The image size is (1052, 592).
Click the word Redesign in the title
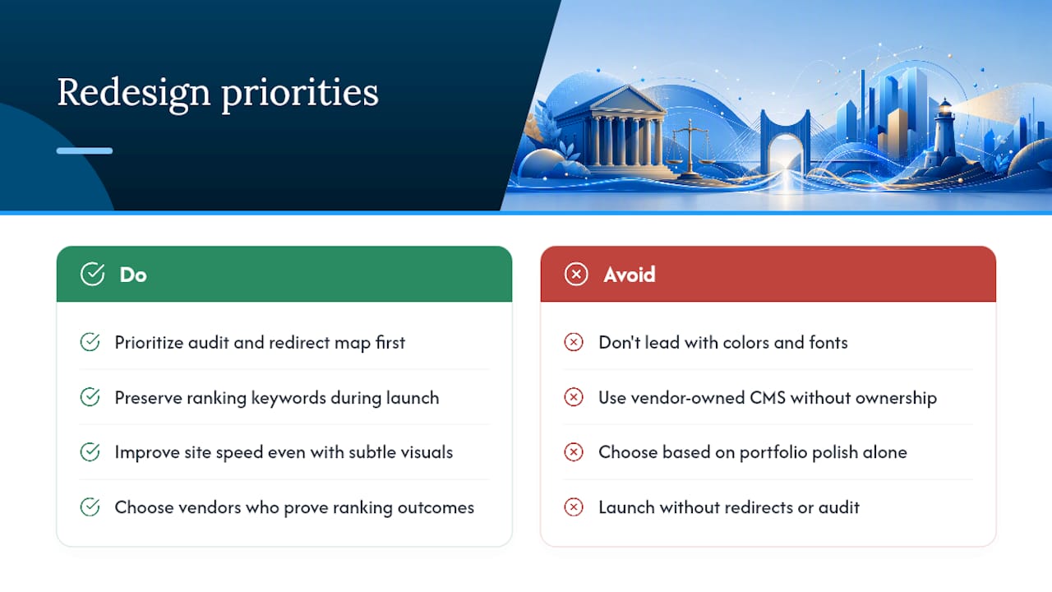[x=134, y=94]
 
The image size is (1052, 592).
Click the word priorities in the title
[x=300, y=94]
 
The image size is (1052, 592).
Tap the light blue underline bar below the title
[x=85, y=150]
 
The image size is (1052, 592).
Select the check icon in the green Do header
[x=92, y=274]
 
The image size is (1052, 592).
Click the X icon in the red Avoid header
[x=576, y=274]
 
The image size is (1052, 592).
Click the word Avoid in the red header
[x=630, y=275]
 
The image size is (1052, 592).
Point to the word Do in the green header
[x=133, y=275]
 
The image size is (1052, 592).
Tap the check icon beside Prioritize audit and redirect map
[x=90, y=342]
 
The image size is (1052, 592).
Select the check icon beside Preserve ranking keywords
[x=90, y=397]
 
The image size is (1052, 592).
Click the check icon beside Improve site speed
[x=90, y=452]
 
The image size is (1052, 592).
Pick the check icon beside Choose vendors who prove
[x=90, y=507]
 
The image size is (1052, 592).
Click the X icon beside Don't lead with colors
[x=574, y=342]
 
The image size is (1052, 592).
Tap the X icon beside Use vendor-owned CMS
[x=574, y=397]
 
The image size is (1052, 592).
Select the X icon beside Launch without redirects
[x=574, y=507]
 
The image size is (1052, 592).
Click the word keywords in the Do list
[x=288, y=399]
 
